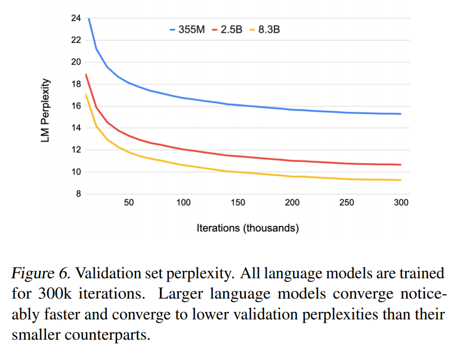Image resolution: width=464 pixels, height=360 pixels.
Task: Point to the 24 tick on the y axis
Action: [x=75, y=18]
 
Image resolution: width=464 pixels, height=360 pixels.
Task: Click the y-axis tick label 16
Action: [x=75, y=106]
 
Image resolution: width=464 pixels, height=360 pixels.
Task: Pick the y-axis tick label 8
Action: [x=78, y=194]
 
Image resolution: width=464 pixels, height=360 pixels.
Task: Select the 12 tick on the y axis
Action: [x=75, y=150]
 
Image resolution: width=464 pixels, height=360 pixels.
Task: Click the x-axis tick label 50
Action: [x=129, y=203]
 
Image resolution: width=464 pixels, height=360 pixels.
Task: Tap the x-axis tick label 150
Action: [x=238, y=203]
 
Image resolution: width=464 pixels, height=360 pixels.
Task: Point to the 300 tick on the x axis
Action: [x=401, y=203]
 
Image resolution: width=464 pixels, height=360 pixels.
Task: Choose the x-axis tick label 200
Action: [x=292, y=203]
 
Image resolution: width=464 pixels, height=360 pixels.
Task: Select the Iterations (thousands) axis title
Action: [x=248, y=228]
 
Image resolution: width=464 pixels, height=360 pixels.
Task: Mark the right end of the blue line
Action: [x=401, y=114]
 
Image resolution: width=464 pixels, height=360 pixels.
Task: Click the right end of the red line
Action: [x=401, y=165]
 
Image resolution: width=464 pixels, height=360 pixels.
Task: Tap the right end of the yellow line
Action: [x=401, y=180]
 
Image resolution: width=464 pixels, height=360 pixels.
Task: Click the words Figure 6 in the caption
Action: [x=41, y=273]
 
